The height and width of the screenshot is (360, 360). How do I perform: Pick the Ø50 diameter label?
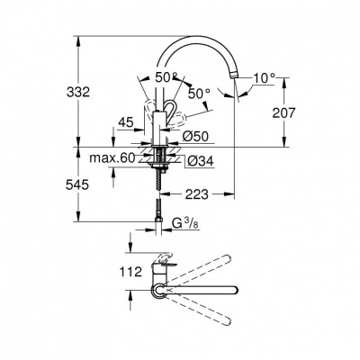click(198, 136)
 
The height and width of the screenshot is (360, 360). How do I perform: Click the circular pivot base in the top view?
click(160, 290)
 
